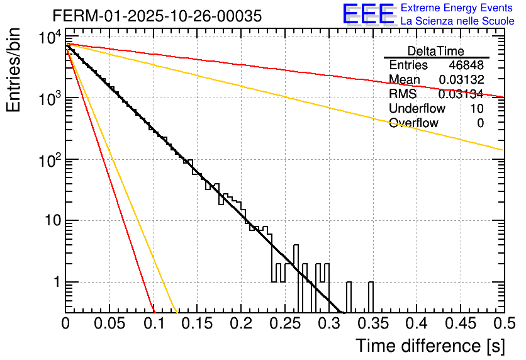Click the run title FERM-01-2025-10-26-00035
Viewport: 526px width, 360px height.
(157, 16)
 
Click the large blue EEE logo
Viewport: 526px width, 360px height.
(369, 15)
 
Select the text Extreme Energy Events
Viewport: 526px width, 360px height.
(457, 8)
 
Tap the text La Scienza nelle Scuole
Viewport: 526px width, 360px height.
(457, 21)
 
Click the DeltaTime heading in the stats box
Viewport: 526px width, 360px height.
(435, 51)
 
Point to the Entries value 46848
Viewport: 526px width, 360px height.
(466, 65)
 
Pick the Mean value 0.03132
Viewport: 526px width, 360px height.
(461, 80)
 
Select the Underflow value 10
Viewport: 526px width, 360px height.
(477, 108)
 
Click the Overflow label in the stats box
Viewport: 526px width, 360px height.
(413, 123)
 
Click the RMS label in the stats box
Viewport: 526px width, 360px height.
(403, 94)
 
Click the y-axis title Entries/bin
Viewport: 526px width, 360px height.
(14, 70)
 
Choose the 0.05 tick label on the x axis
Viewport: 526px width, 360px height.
(109, 323)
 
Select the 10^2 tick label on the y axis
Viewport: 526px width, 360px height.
(49, 161)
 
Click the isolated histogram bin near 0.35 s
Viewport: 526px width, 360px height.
(370, 296)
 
